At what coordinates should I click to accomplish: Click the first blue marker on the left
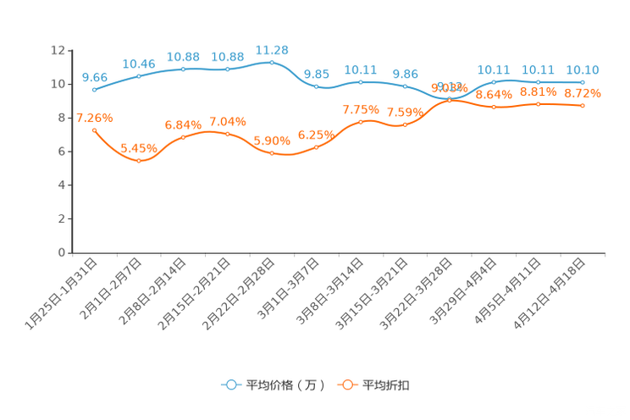tap(94, 89)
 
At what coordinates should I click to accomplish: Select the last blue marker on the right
tap(583, 81)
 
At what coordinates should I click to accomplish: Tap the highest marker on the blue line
tap(272, 61)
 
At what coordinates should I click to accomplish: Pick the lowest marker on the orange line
tap(139, 160)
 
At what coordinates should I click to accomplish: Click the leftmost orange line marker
tap(94, 130)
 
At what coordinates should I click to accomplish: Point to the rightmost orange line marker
tap(583, 105)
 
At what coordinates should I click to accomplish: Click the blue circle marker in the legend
tap(230, 384)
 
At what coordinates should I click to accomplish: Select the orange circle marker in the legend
tap(347, 384)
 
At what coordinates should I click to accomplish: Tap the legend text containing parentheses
tap(284, 385)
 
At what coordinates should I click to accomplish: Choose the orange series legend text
tap(387, 385)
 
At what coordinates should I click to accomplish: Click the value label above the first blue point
tap(94, 76)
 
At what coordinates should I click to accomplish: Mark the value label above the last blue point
tap(583, 69)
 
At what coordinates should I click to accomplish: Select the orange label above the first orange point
tap(94, 119)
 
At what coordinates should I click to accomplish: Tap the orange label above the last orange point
tap(583, 92)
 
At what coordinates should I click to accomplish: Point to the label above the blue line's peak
tap(272, 48)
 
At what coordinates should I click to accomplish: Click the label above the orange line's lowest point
tap(139, 148)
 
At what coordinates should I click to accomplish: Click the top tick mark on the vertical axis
tap(69, 51)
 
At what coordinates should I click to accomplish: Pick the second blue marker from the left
tap(139, 75)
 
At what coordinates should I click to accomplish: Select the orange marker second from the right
tap(539, 103)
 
